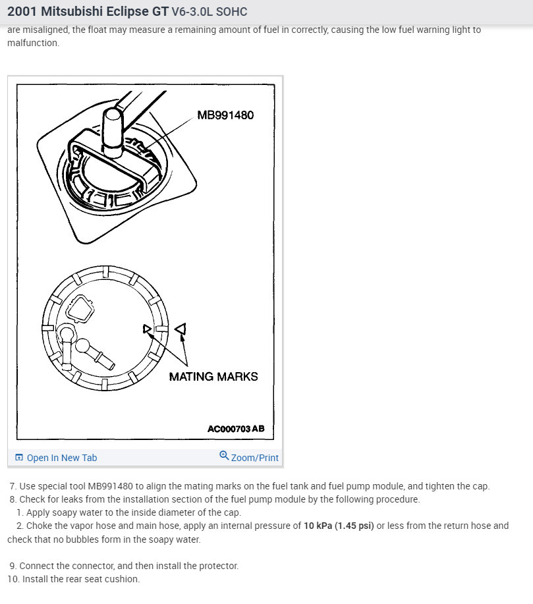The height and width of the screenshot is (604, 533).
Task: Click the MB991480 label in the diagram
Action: click(225, 115)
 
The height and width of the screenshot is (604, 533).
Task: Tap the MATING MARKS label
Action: click(213, 377)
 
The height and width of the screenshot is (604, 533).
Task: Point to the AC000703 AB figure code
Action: click(236, 429)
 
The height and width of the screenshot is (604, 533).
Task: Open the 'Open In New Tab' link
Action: click(61, 458)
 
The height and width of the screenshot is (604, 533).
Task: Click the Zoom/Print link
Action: click(254, 458)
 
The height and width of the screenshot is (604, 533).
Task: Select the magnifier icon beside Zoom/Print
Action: click(224, 456)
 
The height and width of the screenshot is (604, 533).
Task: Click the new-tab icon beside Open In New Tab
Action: click(19, 458)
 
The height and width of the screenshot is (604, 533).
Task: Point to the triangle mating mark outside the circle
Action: click(181, 328)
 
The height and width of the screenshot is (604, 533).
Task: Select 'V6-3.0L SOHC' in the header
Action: click(209, 13)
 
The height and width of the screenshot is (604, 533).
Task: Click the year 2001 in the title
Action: click(22, 12)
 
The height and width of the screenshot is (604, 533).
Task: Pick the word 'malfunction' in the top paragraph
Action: click(32, 43)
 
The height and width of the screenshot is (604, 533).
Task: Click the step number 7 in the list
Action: click(13, 486)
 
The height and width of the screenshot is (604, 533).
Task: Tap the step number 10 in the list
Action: click(13, 579)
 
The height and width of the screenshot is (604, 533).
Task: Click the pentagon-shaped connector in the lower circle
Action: click(81, 308)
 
